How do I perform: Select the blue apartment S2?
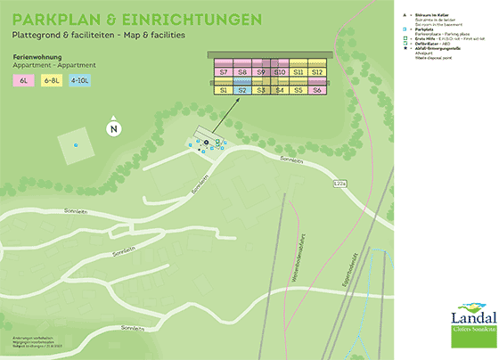[241, 90]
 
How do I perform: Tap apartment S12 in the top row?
[317, 71]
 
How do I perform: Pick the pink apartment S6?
[317, 90]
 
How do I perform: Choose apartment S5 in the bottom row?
[299, 90]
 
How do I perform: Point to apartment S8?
[241, 71]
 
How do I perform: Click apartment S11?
[299, 71]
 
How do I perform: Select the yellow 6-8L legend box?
[53, 80]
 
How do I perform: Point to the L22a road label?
[339, 184]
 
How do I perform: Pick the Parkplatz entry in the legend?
[422, 29]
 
